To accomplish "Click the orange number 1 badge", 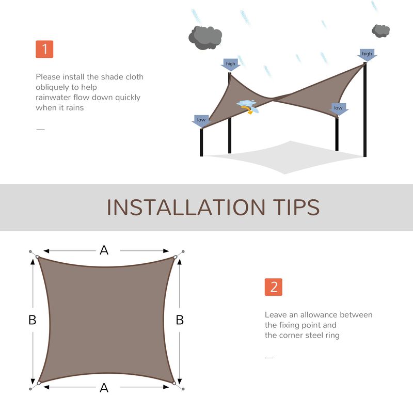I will click(44, 49).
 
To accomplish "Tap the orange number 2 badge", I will click(274, 288).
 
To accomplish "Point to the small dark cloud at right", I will click(381, 30).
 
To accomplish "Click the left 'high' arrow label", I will click(230, 65).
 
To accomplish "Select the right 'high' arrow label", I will click(367, 54).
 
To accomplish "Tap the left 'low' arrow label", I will click(201, 120).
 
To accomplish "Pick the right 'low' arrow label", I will click(338, 108).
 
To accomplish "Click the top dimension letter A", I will click(104, 250).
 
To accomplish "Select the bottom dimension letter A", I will click(104, 388).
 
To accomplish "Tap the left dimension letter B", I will click(32, 320).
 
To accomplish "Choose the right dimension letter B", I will click(180, 320).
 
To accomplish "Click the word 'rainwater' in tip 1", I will click(54, 98).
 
